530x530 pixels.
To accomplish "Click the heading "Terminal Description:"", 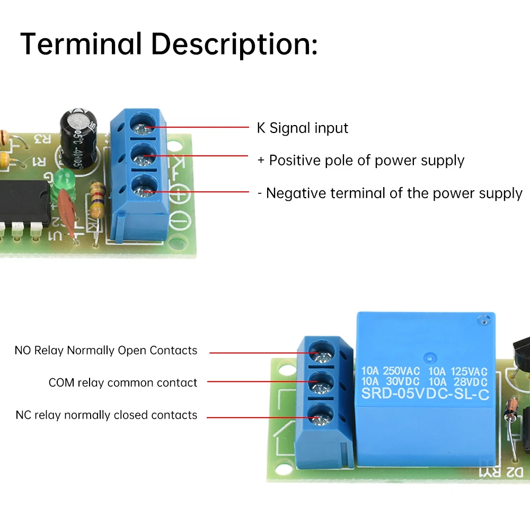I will (169, 45).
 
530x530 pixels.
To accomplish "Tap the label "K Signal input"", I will (302, 128).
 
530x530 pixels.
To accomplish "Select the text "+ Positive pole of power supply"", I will (361, 160).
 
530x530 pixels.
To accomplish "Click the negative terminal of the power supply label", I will (390, 193).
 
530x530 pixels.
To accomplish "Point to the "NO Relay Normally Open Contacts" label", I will (106, 350).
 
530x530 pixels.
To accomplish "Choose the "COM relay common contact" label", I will (123, 383).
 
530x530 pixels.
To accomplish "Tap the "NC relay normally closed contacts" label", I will (107, 415).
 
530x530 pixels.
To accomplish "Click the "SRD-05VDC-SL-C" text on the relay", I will (425, 393).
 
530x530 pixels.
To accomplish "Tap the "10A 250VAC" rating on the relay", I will (390, 372).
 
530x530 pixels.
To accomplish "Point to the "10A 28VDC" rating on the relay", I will (458, 382).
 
